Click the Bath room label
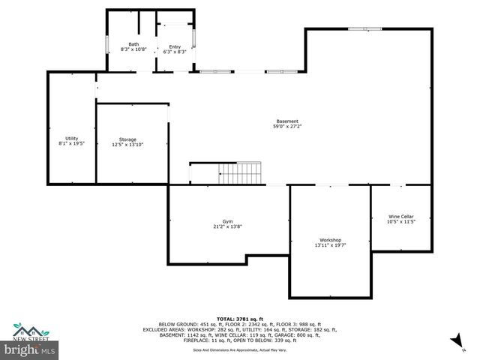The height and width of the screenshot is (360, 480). click(x=133, y=44)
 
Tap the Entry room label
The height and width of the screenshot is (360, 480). click(x=174, y=46)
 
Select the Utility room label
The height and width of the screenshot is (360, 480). click(x=71, y=138)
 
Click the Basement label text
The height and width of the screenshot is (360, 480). click(x=287, y=121)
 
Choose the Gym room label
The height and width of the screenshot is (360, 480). click(x=227, y=221)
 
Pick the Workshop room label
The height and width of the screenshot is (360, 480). click(x=330, y=239)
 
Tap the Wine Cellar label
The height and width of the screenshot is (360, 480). click(x=400, y=216)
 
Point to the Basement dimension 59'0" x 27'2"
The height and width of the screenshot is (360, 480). click(x=287, y=127)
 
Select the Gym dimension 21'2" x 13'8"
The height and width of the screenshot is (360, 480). click(x=227, y=226)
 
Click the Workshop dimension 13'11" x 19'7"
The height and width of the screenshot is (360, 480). click(x=330, y=244)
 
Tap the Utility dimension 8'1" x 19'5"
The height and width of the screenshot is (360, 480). click(x=71, y=143)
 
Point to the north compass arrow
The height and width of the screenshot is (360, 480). click(x=454, y=341)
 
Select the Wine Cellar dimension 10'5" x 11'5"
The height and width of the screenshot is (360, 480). click(x=400, y=221)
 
